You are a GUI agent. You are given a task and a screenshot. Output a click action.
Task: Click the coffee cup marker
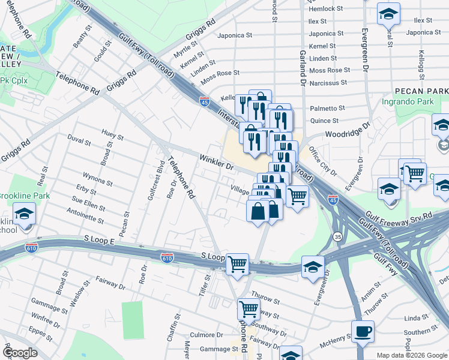(x=363, y=332)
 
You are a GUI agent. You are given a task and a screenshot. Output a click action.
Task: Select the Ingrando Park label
(x=408, y=101)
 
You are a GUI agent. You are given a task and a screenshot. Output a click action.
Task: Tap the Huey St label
(x=112, y=137)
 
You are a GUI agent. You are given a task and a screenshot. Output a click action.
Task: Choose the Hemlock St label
(x=325, y=9)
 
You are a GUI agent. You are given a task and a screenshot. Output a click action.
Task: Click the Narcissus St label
(x=329, y=82)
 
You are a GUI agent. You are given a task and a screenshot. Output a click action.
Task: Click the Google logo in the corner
(x=20, y=353)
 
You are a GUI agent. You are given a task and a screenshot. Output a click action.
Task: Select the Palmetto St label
(x=327, y=109)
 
